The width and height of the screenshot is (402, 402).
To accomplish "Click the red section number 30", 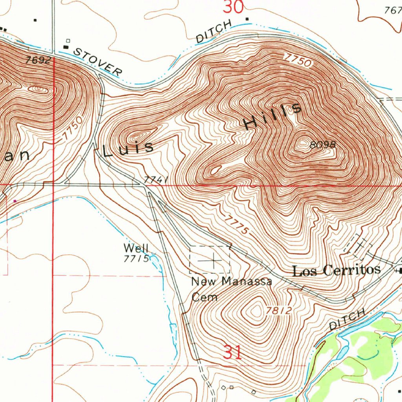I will tap(234, 7).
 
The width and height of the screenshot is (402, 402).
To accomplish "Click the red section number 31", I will tap(232, 352).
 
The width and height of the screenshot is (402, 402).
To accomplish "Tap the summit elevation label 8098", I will tap(323, 145).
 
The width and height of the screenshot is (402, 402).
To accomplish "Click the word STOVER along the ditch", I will tap(98, 61).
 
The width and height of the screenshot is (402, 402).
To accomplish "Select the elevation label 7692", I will tap(38, 60).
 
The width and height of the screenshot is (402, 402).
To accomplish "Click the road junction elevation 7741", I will tap(156, 180).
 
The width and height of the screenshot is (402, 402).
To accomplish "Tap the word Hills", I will tap(273, 116).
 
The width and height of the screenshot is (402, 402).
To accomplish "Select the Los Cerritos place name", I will tap(336, 270).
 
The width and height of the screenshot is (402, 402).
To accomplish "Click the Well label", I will tap(136, 248).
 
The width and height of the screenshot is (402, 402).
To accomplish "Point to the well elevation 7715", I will tap(136, 259).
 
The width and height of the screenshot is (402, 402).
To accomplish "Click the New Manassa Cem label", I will tap(231, 288).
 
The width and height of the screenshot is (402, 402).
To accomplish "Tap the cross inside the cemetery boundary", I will tap(214, 260).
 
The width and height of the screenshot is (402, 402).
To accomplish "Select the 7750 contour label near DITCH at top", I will tap(298, 60).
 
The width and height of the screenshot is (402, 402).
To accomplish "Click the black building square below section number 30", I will tap(247, 18).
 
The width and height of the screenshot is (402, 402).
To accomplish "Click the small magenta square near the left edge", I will tap(15, 201).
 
